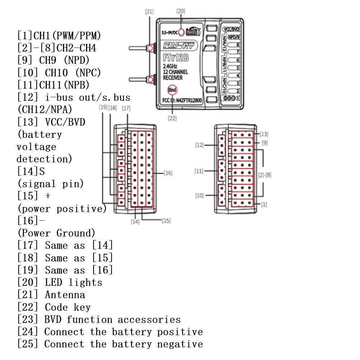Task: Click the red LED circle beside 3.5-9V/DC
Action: pos(181,32)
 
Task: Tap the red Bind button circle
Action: pos(172,90)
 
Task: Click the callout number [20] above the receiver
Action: pos(181,11)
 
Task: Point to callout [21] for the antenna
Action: pos(149,12)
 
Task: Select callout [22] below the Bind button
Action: pos(172,118)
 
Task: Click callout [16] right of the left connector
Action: pos(168,173)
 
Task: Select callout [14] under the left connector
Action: pos(135,222)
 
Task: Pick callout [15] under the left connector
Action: pos(166,220)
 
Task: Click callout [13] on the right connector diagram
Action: pos(264,134)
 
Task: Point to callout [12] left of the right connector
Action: pos(200,145)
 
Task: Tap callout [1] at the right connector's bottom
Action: pos(264,204)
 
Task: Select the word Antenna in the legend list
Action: pos(65,295)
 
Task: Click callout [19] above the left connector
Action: pos(103,108)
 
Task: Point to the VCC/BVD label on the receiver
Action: pos(231,30)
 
